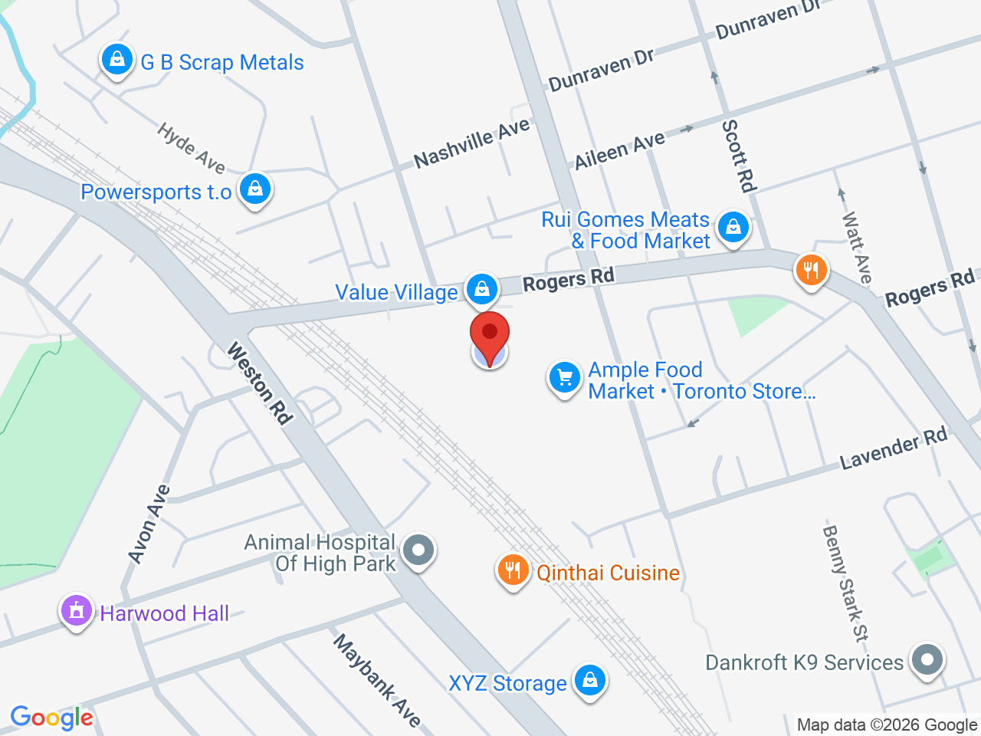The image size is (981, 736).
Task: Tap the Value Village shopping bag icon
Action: (x=481, y=289)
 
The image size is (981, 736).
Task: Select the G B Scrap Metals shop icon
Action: (x=117, y=59)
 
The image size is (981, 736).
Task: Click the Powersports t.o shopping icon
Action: (x=255, y=188)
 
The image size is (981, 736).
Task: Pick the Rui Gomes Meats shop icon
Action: (x=733, y=228)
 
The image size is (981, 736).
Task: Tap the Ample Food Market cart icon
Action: (x=565, y=378)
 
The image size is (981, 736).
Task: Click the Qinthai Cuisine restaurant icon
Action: (x=513, y=570)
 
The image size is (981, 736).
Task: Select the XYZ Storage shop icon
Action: (x=590, y=680)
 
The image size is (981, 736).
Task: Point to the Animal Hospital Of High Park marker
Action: (x=418, y=550)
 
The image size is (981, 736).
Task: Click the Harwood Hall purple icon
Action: (x=77, y=611)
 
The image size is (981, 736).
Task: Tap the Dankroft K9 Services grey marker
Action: (x=927, y=659)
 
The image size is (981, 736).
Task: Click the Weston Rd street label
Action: (x=260, y=383)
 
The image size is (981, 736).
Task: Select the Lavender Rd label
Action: (x=894, y=449)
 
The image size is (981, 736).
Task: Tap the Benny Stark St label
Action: (x=846, y=583)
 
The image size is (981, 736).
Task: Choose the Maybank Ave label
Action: (x=377, y=680)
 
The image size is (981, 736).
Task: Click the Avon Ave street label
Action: (x=149, y=524)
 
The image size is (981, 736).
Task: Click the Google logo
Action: (x=51, y=718)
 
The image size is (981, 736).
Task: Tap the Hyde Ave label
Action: (x=191, y=148)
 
